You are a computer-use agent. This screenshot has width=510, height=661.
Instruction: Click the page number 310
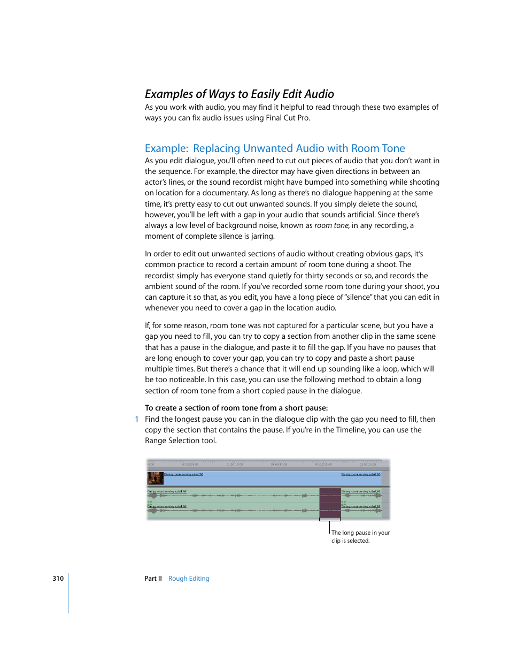[58, 579]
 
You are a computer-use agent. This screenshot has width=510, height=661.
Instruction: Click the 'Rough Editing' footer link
[189, 579]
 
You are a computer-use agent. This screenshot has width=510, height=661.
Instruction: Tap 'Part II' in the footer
[153, 579]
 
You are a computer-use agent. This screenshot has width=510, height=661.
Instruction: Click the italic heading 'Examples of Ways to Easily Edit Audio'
[239, 94]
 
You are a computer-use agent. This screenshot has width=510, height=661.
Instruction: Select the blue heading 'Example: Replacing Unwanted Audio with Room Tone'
[275, 148]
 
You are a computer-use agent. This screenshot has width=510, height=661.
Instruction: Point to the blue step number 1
[137, 420]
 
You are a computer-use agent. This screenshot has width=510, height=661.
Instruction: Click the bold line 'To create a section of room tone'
[236, 408]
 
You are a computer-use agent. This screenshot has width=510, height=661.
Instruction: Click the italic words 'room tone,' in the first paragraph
[332, 225]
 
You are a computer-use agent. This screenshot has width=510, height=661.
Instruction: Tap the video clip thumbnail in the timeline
[155, 478]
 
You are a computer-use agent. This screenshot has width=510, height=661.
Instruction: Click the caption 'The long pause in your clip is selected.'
[360, 537]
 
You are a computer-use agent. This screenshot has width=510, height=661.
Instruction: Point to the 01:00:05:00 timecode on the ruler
[190, 465]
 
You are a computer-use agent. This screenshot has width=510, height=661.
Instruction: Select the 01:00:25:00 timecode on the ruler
[367, 465]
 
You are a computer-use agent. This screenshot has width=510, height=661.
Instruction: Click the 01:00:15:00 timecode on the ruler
[279, 465]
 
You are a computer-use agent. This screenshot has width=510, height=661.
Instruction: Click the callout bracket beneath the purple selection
[330, 520]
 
